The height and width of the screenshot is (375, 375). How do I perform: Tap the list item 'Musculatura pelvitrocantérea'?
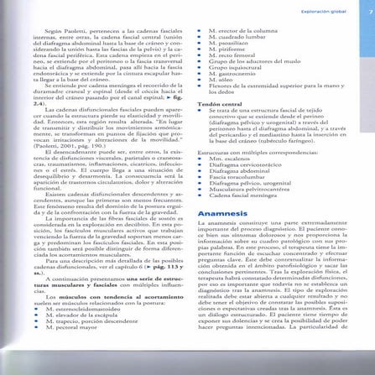click(x=244, y=193)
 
